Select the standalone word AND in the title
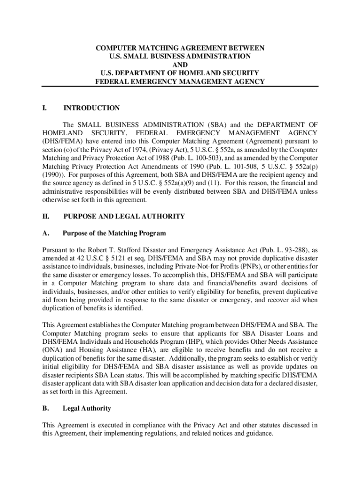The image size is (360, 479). [180, 65]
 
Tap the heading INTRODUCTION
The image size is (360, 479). [92, 108]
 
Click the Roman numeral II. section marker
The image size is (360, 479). [46, 217]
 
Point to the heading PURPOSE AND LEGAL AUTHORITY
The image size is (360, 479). [124, 217]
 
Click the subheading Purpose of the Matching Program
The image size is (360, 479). [114, 233]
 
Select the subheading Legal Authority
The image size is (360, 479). [87, 408]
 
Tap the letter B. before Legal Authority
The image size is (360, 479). [46, 408]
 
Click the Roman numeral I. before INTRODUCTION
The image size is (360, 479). [44, 108]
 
